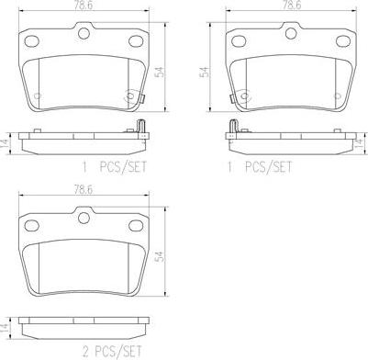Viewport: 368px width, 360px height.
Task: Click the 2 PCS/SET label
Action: [112, 351]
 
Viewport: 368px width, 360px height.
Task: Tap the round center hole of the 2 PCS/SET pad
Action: [84, 218]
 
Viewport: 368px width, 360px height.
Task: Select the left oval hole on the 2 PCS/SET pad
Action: [31, 226]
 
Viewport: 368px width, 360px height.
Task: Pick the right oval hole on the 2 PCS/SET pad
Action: [136, 226]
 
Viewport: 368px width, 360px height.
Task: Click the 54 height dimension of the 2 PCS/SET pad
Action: [160, 257]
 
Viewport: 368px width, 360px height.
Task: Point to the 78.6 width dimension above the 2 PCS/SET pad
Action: [84, 190]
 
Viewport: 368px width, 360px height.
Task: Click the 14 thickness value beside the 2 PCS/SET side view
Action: [5, 327]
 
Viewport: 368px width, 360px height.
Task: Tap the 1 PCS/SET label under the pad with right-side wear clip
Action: [114, 167]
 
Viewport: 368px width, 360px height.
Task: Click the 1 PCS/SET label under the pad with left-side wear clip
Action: [260, 167]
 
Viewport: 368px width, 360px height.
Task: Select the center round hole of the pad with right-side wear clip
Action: [84, 33]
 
